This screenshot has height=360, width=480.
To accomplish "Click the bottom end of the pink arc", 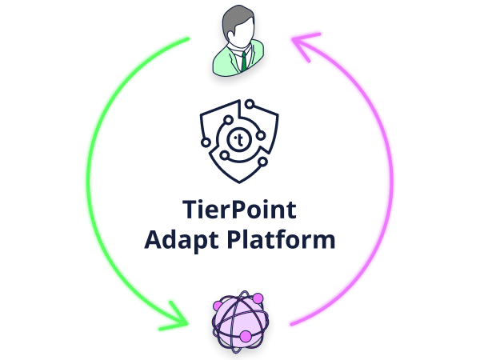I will (x=292, y=324).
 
